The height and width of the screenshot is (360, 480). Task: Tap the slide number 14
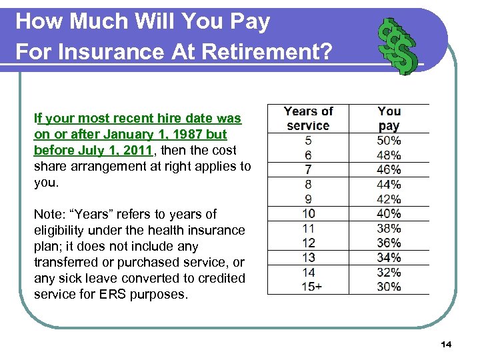[446, 344]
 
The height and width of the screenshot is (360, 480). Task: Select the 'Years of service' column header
[308, 119]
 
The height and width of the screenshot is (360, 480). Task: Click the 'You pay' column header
[389, 119]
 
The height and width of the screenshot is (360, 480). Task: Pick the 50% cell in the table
[389, 141]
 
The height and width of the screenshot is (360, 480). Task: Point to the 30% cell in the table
[389, 287]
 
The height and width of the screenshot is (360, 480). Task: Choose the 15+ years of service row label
[308, 287]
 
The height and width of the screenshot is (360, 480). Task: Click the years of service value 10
[308, 214]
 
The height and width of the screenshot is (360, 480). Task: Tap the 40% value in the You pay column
[389, 214]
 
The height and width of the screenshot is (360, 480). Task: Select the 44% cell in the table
[389, 185]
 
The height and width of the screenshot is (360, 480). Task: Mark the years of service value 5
[308, 141]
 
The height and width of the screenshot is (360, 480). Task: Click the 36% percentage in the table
[389, 243]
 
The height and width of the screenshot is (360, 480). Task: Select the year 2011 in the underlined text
[135, 151]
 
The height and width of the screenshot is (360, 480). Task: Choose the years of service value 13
[308, 258]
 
